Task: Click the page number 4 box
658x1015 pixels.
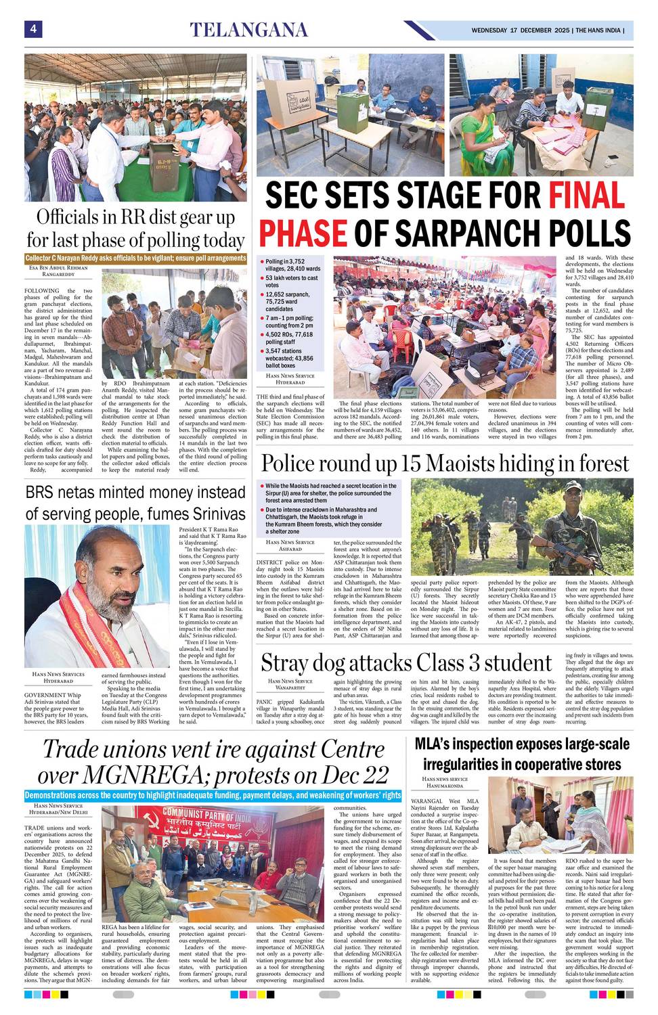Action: [x=32, y=29]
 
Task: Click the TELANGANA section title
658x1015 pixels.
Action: [x=248, y=30]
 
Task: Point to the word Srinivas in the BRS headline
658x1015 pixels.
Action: [x=210, y=513]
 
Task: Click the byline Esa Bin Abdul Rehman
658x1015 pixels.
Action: [x=58, y=268]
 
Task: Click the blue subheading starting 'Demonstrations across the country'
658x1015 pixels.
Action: [x=213, y=795]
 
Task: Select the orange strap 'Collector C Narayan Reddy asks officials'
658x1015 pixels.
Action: [x=135, y=258]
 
